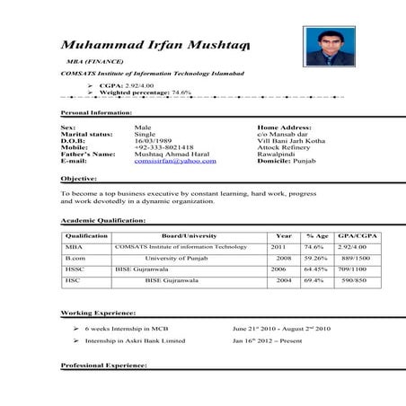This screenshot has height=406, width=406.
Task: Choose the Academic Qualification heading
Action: [x=101, y=220]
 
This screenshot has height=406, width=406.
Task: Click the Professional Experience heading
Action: [x=103, y=366]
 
